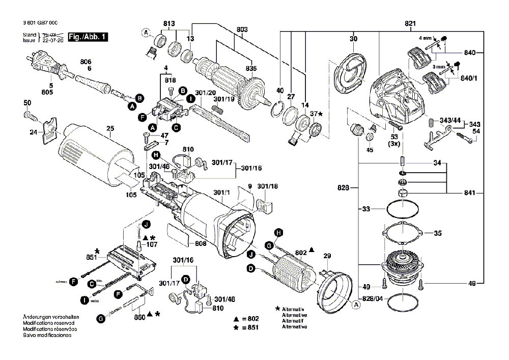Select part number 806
pos(86,62)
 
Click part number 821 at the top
pos(410,24)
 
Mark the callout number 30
pos(353,39)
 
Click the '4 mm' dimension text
pos(425,38)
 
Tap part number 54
pos(476,132)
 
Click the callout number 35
pos(438,235)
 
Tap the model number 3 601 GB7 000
pos(40,24)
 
